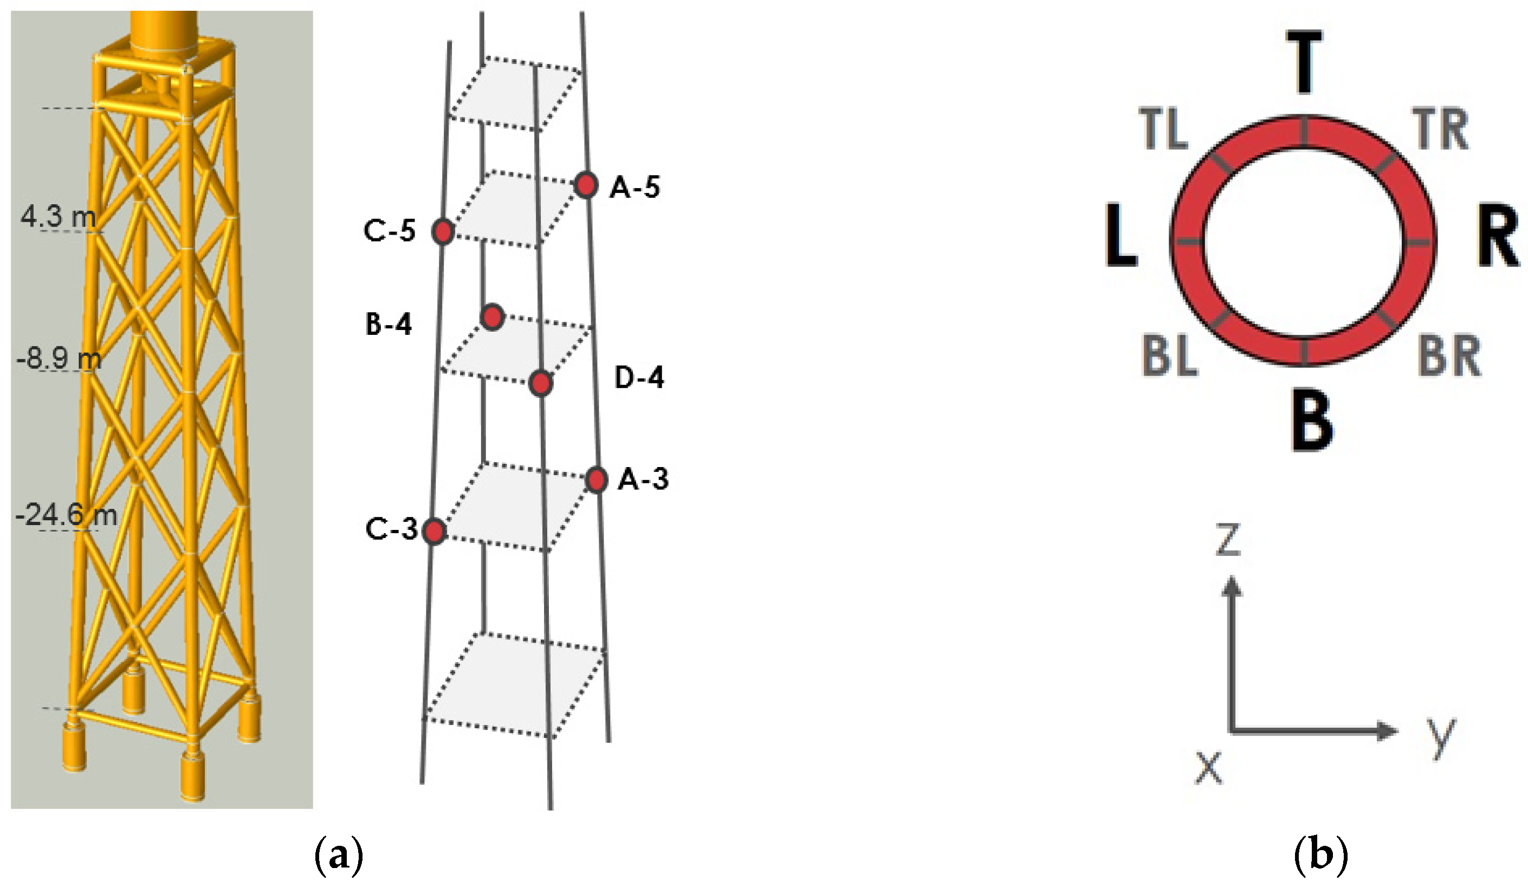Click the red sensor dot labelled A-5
click(x=585, y=185)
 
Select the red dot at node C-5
click(x=443, y=231)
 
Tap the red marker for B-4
click(x=492, y=316)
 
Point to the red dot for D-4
click(x=540, y=383)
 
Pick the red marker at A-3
click(x=596, y=480)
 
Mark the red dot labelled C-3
click(x=433, y=532)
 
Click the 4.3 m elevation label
click(x=57, y=216)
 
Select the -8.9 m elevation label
click(x=59, y=359)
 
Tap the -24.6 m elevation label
click(x=66, y=515)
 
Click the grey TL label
click(x=1162, y=129)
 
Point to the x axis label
click(x=1208, y=767)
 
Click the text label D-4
click(x=639, y=378)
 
